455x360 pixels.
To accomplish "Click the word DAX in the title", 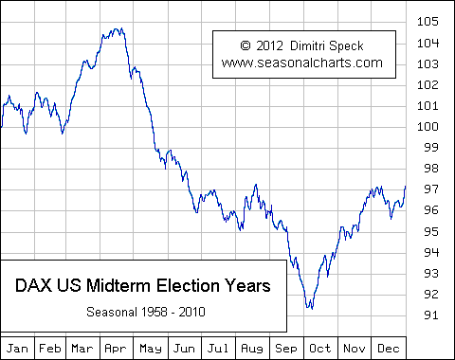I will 35,285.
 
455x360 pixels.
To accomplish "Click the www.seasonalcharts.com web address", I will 302,63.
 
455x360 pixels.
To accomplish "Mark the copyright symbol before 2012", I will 246,45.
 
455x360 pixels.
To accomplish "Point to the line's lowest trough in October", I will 309,308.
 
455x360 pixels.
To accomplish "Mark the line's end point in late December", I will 405,187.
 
